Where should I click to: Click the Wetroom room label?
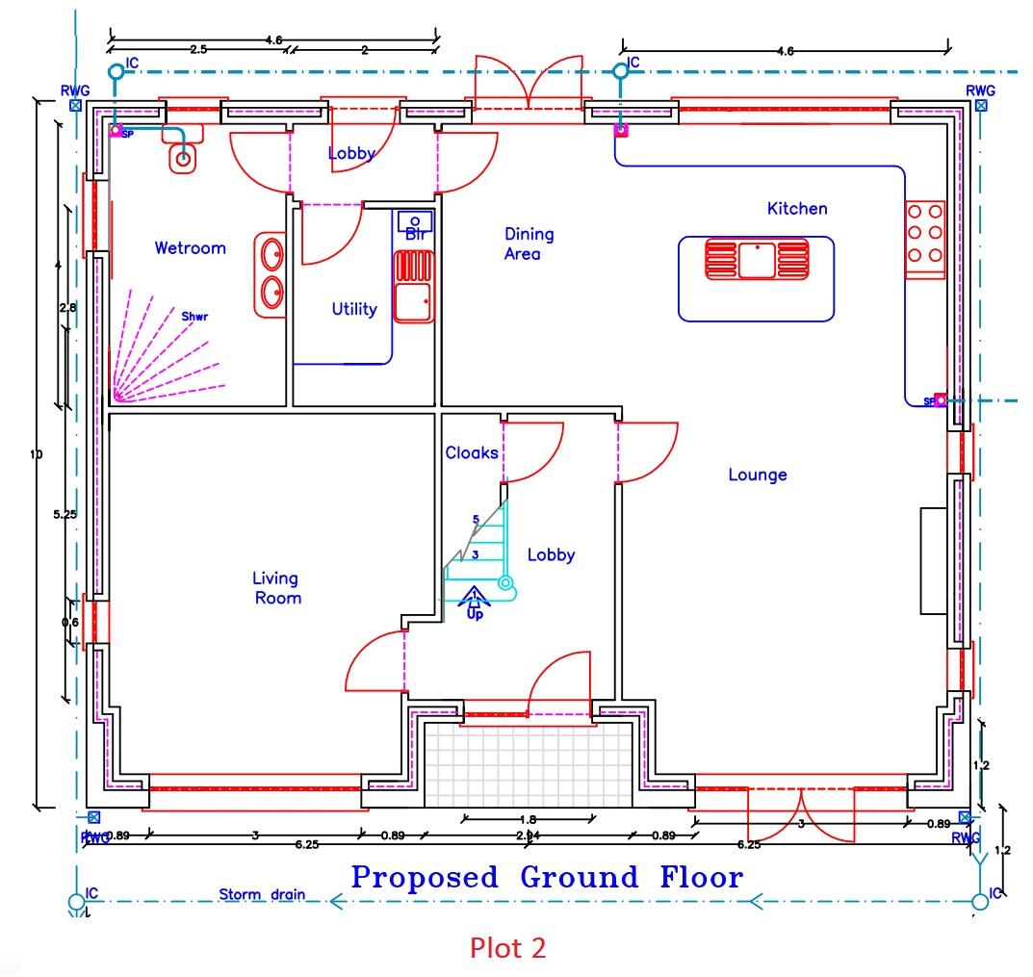click(x=190, y=248)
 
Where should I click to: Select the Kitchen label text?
click(x=796, y=209)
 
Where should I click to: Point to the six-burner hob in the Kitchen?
click(x=924, y=234)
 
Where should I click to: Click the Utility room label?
click(x=353, y=310)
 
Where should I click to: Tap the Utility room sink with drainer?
click(x=414, y=287)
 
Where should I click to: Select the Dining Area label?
click(x=529, y=244)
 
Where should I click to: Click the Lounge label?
click(x=757, y=475)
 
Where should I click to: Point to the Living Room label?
click(x=275, y=588)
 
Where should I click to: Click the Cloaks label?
click(x=471, y=453)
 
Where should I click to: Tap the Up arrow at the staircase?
click(x=475, y=603)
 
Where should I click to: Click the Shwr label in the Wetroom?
click(x=194, y=315)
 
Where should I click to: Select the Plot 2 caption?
click(x=507, y=948)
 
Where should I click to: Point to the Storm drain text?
click(x=261, y=894)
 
